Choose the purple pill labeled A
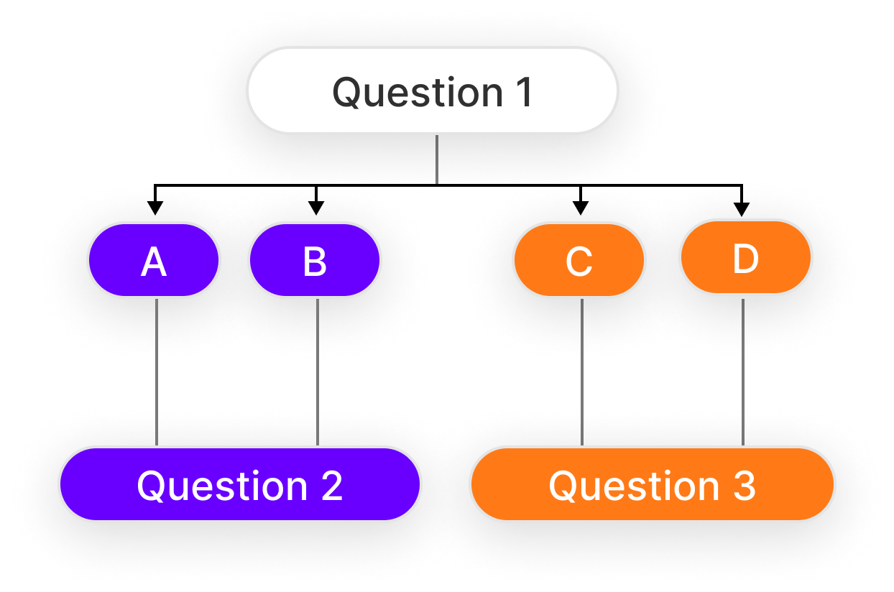point(154,260)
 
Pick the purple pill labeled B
point(315,260)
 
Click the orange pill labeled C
point(579,260)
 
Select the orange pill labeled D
point(745,257)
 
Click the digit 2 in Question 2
point(331,486)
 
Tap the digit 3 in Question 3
point(743,486)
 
